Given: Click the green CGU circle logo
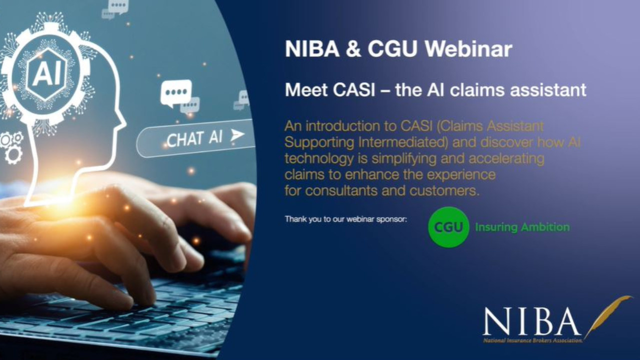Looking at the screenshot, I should coord(448,227).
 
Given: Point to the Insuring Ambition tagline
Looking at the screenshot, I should coord(522,227).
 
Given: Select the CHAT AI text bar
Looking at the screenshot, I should coord(195,137).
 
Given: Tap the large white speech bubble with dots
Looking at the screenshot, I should coord(175,92).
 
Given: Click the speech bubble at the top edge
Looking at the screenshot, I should coord(118,6).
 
